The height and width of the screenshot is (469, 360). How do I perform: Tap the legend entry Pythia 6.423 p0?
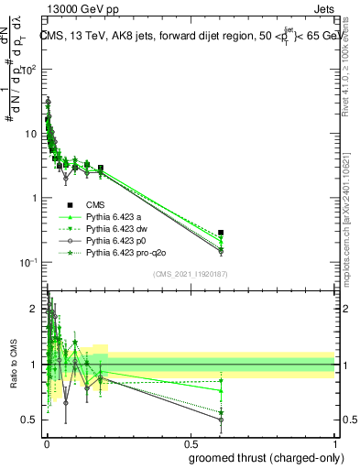(115, 240)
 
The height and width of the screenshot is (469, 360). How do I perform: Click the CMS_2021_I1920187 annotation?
(190, 272)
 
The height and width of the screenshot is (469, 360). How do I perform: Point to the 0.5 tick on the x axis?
(190, 442)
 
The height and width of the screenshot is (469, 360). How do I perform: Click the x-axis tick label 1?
(334, 442)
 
